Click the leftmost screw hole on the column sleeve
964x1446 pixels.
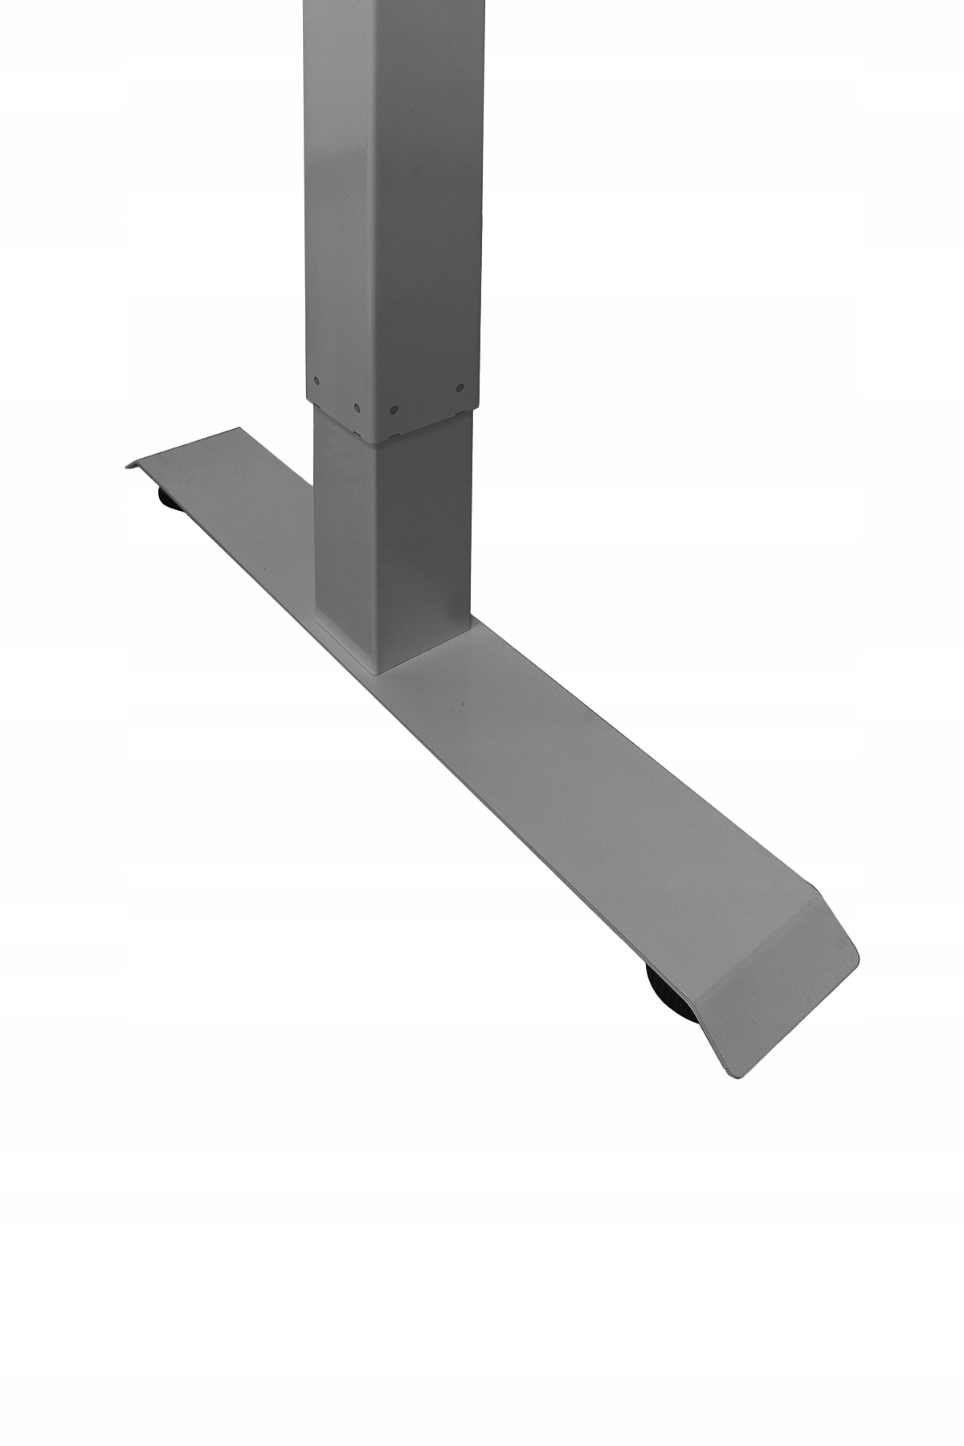317,382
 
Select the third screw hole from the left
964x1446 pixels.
394,409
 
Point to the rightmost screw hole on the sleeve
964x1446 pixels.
460,388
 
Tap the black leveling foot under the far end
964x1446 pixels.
169,500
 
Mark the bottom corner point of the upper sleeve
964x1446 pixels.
373,441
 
